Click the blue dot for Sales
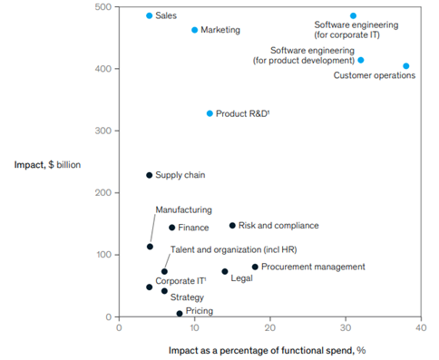pyautogui.click(x=150, y=16)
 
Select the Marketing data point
pyautogui.click(x=194, y=30)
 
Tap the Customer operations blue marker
pyautogui.click(x=405, y=66)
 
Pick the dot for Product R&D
pyautogui.click(x=210, y=113)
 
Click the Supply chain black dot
pyautogui.click(x=150, y=175)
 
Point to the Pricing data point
pyautogui.click(x=180, y=313)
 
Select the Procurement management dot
pyautogui.click(x=255, y=267)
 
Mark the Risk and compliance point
pyautogui.click(x=232, y=226)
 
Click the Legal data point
pyautogui.click(x=225, y=271)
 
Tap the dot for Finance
pyautogui.click(x=171, y=228)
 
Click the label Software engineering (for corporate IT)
pyautogui.click(x=346, y=30)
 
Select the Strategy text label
pyautogui.click(x=188, y=296)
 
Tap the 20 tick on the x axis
pyautogui.click(x=269, y=328)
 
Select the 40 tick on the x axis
pyautogui.click(x=420, y=328)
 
